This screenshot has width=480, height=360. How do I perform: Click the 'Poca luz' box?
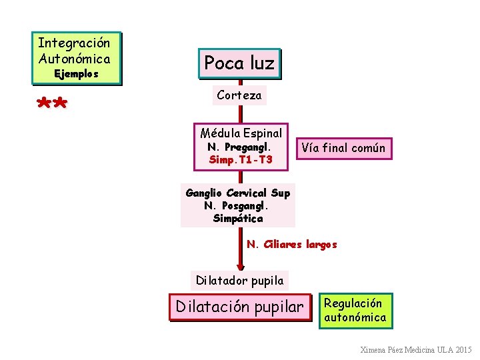(239, 63)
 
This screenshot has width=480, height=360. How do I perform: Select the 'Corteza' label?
(239, 95)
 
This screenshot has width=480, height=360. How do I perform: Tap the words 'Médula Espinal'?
(241, 133)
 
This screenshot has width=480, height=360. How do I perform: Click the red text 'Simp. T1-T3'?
(241, 159)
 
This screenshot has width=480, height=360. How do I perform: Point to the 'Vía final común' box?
(343, 148)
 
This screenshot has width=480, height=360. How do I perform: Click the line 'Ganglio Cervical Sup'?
(238, 193)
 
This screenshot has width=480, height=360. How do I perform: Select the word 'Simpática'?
(238, 218)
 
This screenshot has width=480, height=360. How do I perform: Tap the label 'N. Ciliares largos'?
(292, 244)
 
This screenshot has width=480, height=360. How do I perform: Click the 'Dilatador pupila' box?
(239, 280)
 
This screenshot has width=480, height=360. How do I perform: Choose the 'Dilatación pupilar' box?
(239, 307)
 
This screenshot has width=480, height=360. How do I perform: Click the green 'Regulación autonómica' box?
(355, 311)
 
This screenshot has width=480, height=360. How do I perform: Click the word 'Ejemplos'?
(76, 74)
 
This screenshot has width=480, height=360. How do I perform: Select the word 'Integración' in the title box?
(74, 43)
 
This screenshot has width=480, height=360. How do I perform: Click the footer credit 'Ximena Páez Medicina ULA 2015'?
(415, 350)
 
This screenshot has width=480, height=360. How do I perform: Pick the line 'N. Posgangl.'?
(238, 205)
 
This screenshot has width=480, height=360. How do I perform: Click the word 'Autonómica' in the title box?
(74, 59)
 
